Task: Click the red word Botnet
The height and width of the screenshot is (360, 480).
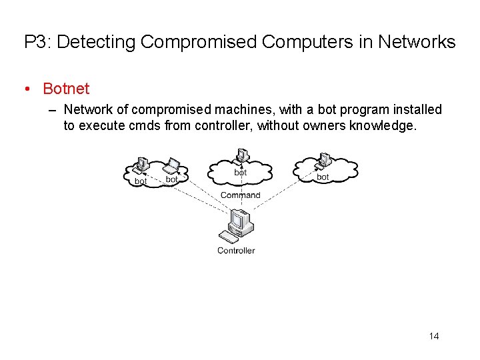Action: [x=66, y=88]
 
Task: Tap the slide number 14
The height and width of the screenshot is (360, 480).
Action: [x=434, y=336]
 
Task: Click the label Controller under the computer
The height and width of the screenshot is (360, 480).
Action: [x=236, y=251]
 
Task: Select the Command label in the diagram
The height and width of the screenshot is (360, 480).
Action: [x=240, y=195]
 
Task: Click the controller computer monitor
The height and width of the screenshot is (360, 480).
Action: [x=239, y=220]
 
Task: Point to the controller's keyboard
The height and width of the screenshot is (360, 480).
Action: [x=230, y=237]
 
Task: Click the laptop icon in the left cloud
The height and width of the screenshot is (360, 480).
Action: [x=172, y=164]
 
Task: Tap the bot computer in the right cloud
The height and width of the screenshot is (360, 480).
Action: [x=323, y=161]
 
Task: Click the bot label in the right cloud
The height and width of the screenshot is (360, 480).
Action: [x=323, y=177]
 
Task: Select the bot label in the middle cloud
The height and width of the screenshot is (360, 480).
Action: [x=241, y=173]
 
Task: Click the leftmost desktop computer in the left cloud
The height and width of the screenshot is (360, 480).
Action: [x=141, y=164]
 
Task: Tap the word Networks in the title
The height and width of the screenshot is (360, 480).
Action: [x=417, y=43]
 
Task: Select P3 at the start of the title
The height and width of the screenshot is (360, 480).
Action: [x=36, y=43]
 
